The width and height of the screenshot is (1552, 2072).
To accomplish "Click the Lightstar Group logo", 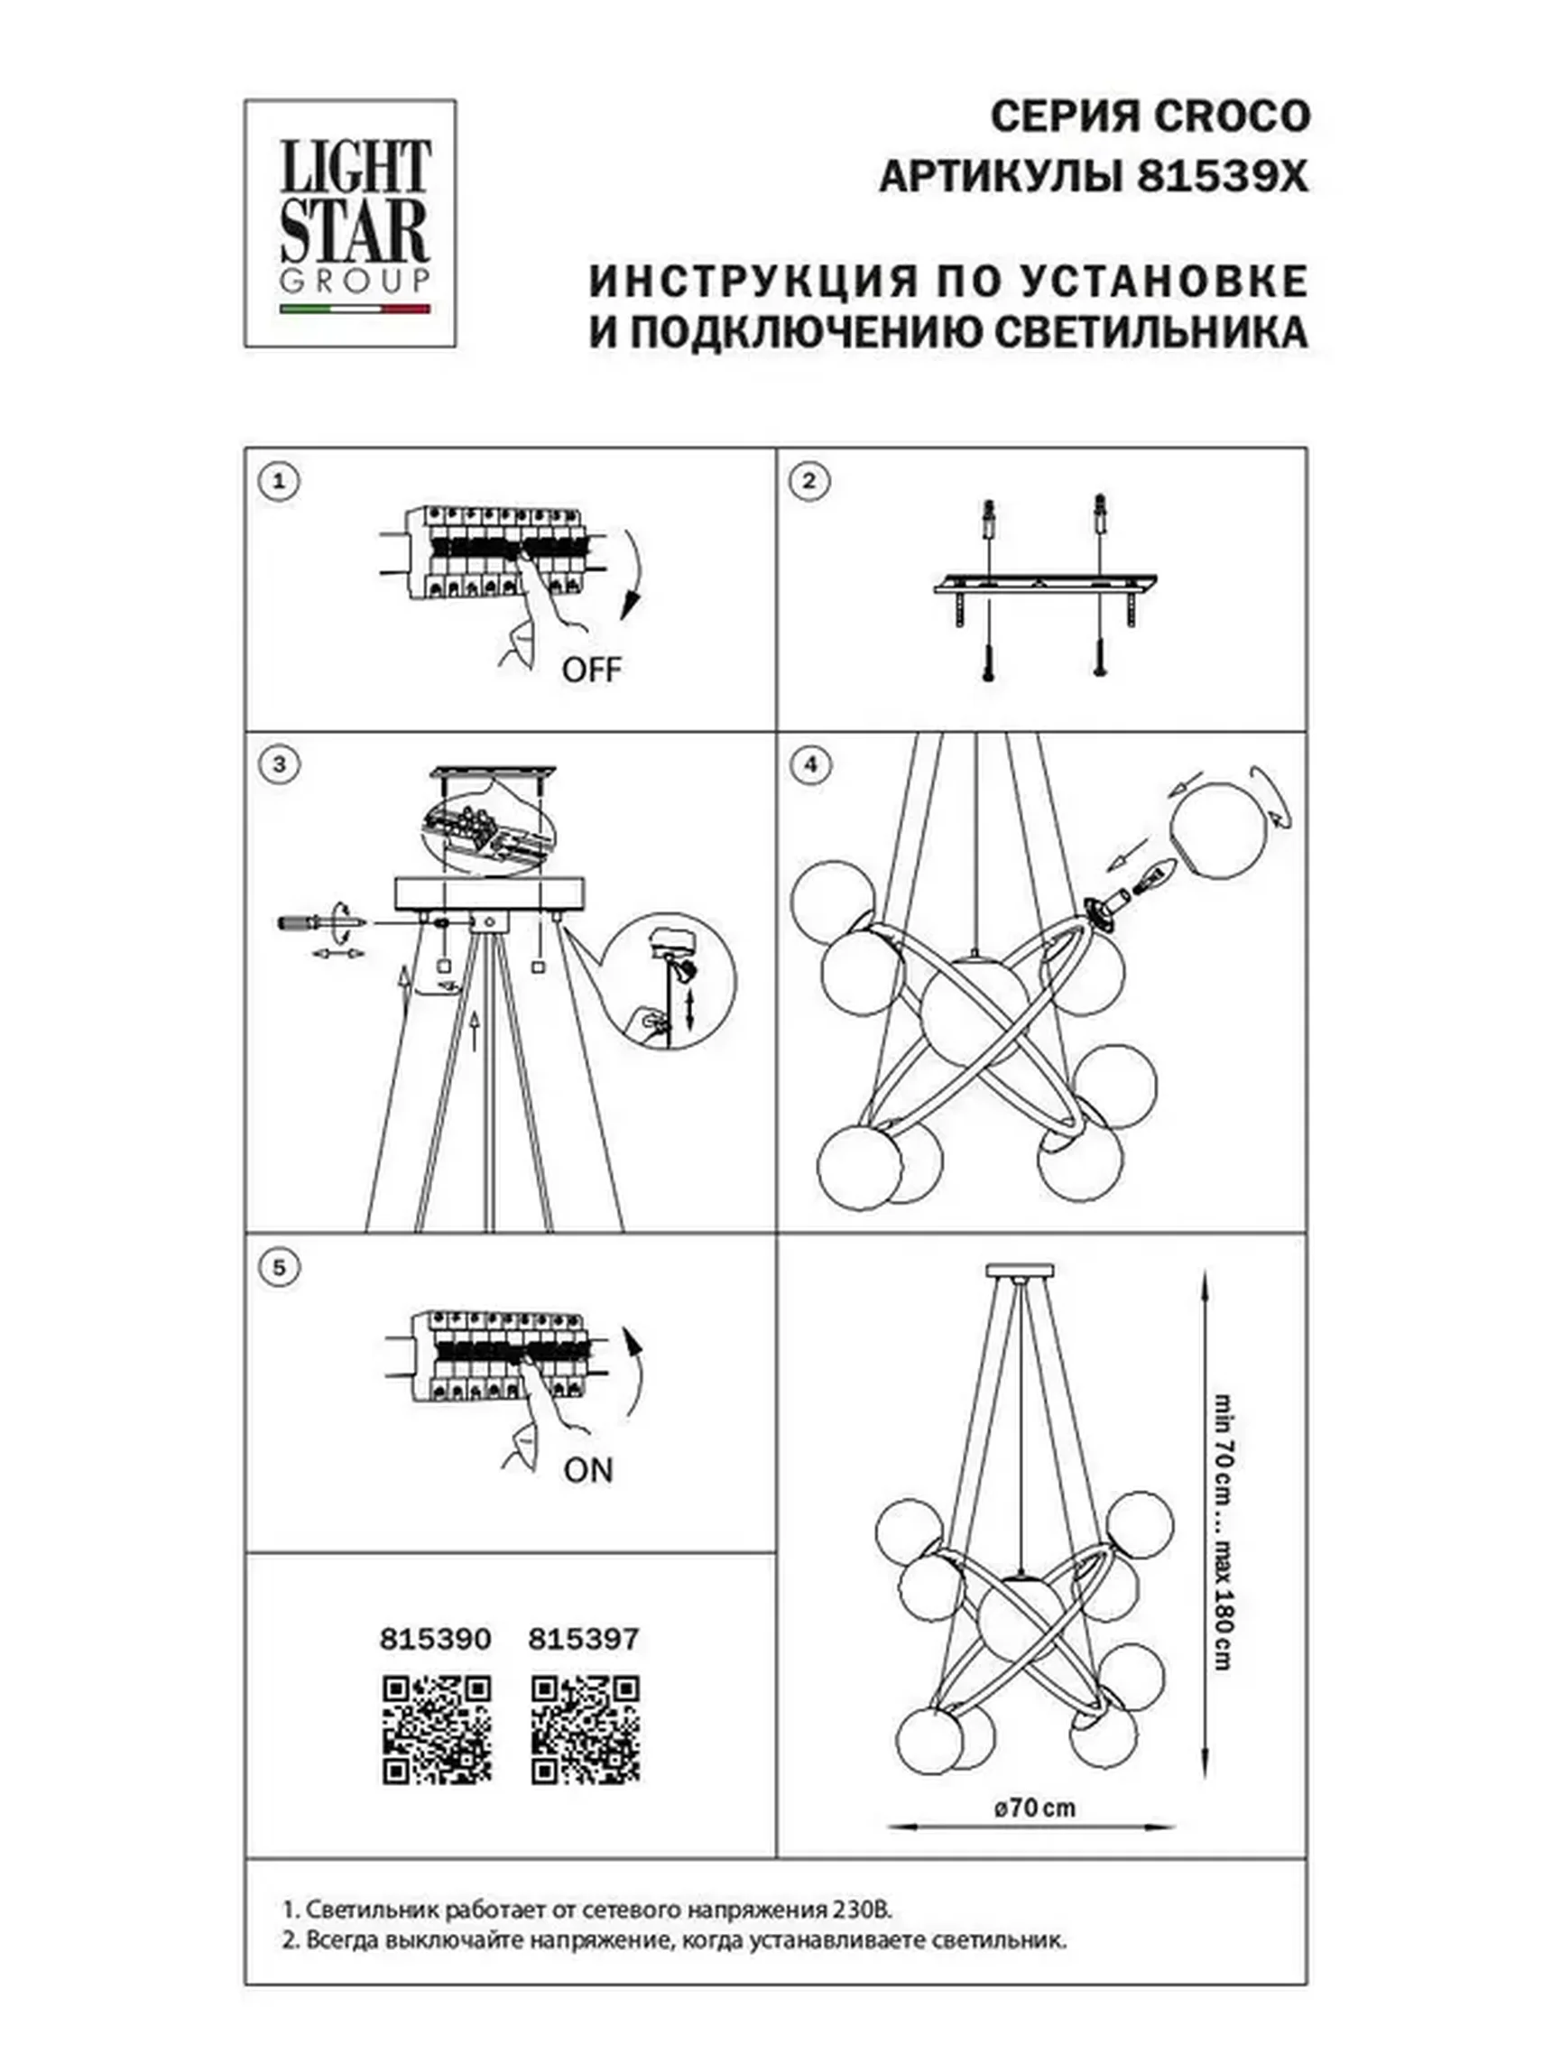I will [349, 223].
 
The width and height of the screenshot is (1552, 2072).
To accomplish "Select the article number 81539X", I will [1221, 177].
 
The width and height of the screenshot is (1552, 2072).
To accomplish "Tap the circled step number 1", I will [278, 483].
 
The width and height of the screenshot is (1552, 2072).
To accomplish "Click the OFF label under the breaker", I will [591, 670].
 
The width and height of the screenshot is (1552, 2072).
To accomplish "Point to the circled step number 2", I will [810, 482].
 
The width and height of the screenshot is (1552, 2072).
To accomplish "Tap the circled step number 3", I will [278, 764].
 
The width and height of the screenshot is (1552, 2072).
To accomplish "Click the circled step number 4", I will [810, 764].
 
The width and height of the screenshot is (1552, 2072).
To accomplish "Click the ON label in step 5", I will [587, 1471].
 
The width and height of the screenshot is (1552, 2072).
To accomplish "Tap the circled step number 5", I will [278, 1267].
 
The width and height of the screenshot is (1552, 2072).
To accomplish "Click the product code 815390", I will [435, 1639].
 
